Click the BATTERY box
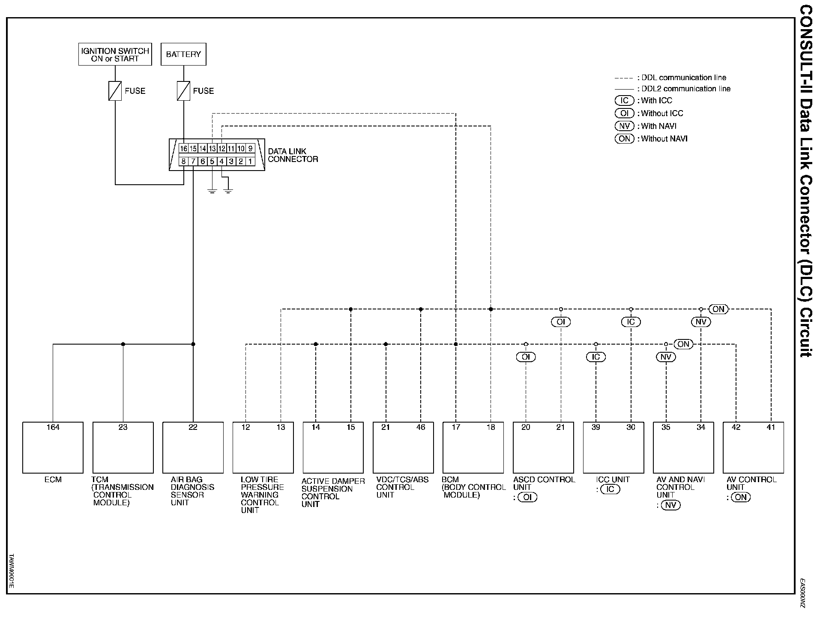coord(183,54)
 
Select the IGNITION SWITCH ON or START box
coord(115,54)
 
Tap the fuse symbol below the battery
coord(183,91)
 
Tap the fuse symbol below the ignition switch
coord(115,91)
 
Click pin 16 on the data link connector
coord(183,149)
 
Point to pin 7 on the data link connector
coord(193,162)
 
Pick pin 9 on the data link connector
coord(251,149)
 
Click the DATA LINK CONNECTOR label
coord(293,155)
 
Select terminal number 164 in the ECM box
coord(53,427)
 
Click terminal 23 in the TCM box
coord(123,427)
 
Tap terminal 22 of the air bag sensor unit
coord(193,427)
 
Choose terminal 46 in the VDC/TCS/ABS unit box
coord(421,427)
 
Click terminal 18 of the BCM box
coord(491,427)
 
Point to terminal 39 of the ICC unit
coord(596,427)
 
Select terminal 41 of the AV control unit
coord(771,427)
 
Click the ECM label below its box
coord(53,480)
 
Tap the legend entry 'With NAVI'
coord(658,126)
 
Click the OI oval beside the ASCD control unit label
coord(527,497)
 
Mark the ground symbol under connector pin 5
coord(212,190)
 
